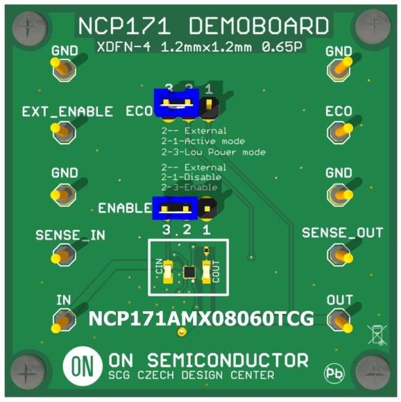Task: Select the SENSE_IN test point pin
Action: coord(63,256)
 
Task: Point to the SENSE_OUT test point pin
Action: coord(340,255)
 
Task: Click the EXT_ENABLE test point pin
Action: coord(63,131)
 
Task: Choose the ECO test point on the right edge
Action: coord(340,131)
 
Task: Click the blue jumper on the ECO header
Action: coord(176,103)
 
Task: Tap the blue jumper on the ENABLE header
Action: coord(175,208)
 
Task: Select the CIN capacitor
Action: coord(168,271)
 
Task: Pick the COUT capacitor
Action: coord(207,271)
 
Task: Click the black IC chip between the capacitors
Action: coord(189,272)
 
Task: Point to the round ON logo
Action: coord(83,366)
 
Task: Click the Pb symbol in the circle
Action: coord(334,373)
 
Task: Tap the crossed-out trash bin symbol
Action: coord(377,334)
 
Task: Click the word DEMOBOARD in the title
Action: coord(259,26)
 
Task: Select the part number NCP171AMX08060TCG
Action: coord(201,319)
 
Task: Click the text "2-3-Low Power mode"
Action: coord(214,152)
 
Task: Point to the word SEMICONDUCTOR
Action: coord(228,360)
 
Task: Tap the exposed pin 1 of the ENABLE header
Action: coord(207,209)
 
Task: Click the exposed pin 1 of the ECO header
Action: coord(209,103)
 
